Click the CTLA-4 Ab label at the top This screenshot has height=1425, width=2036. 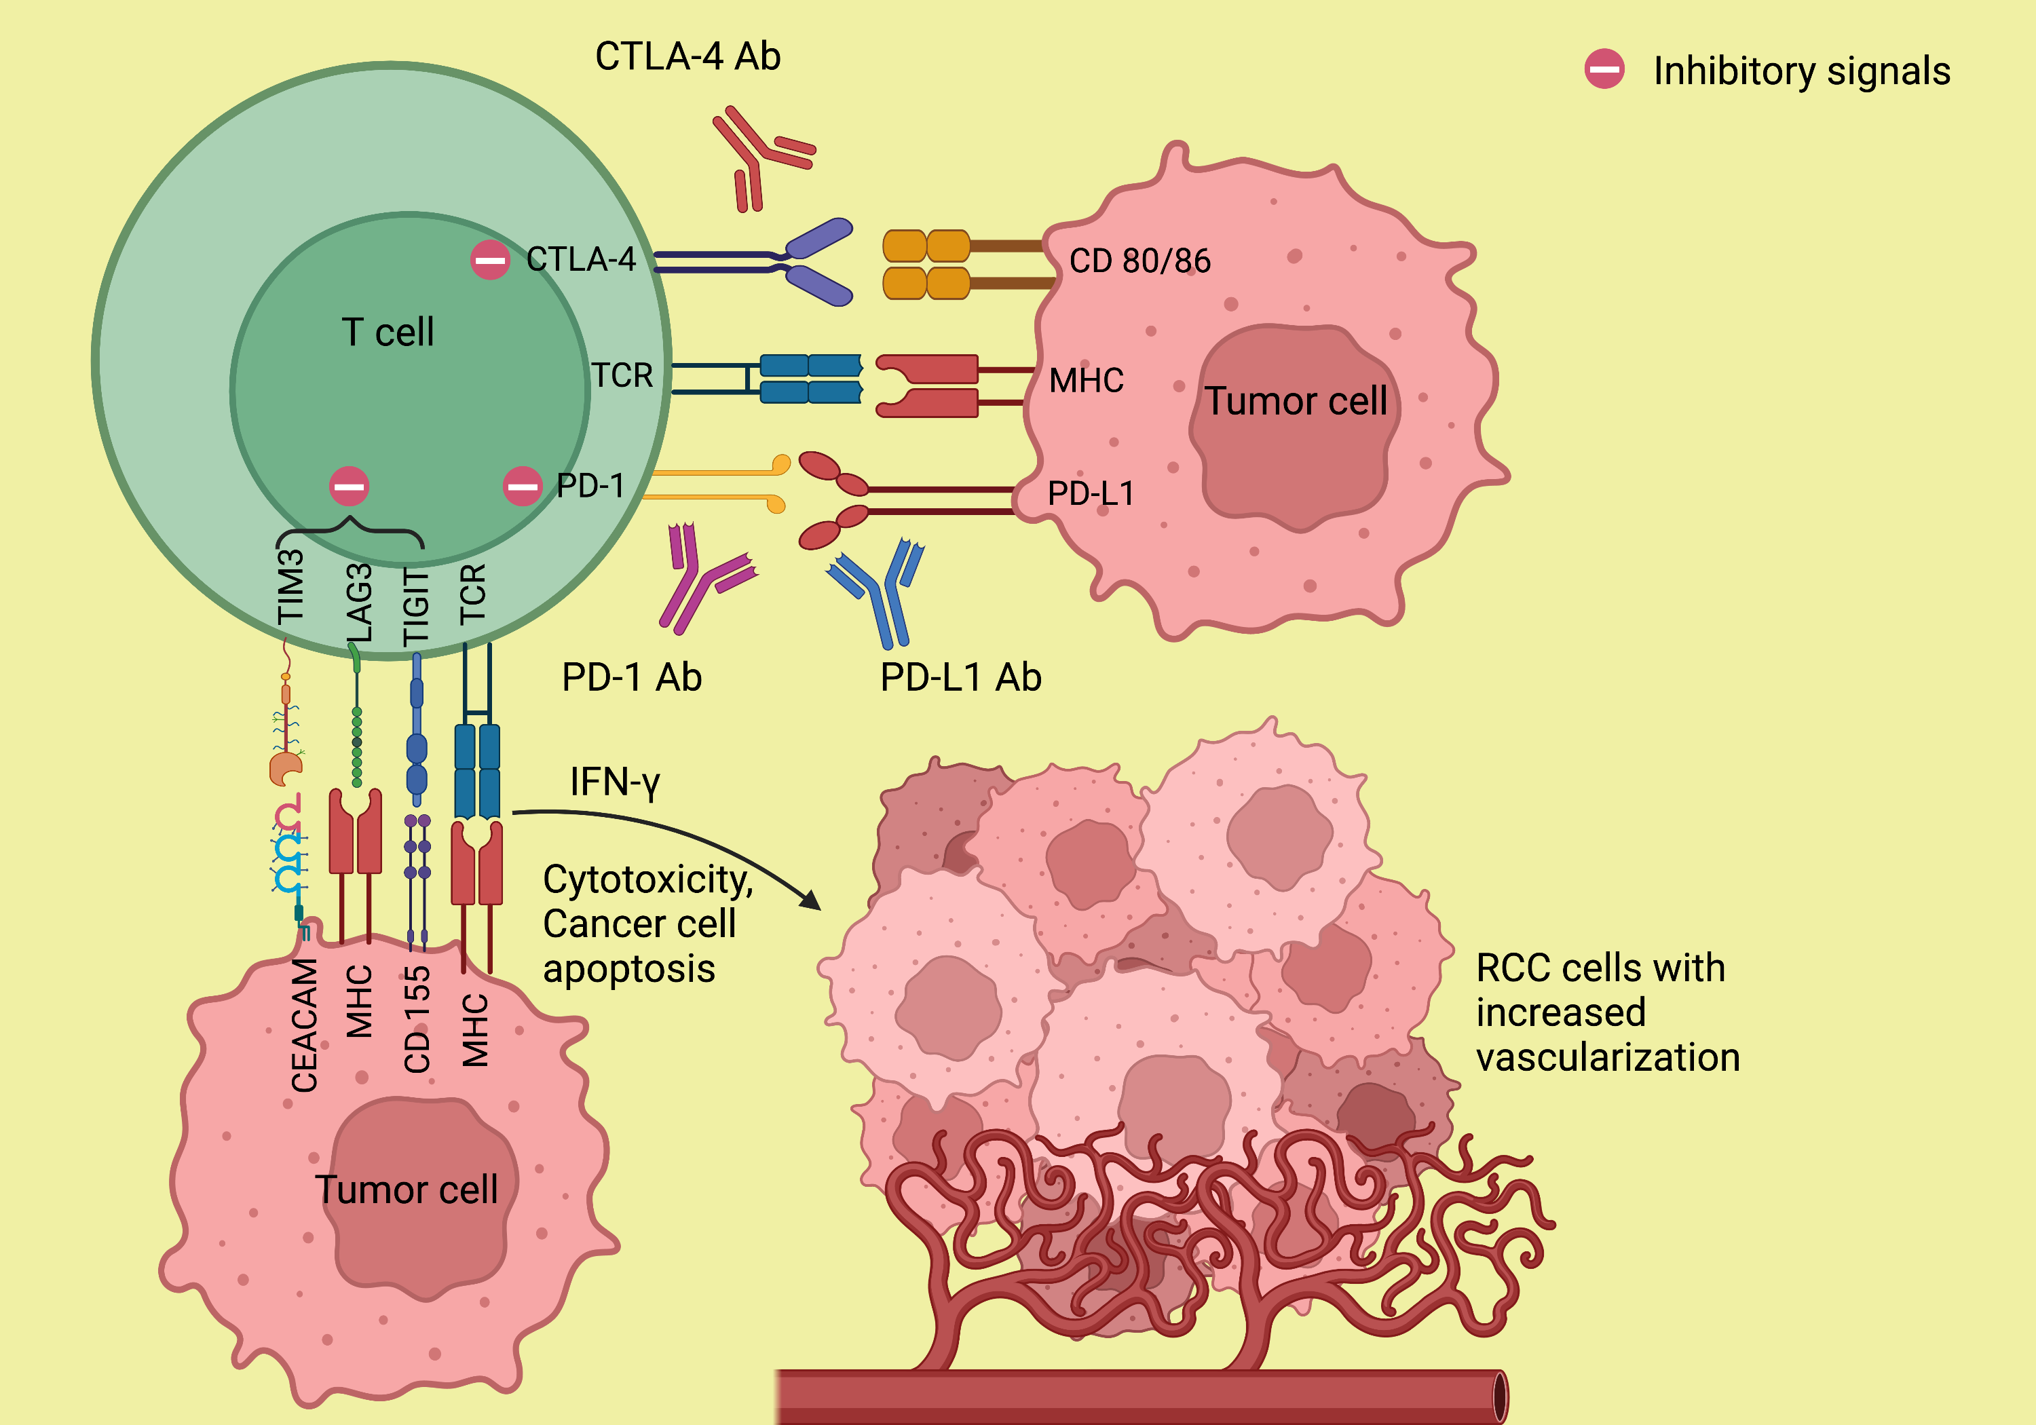687,57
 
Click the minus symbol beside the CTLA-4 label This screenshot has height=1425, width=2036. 489,260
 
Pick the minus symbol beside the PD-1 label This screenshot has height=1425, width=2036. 523,486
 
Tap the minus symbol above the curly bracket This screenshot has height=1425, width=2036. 349,486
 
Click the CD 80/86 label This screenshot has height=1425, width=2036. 1139,261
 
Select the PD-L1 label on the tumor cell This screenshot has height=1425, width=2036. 1091,493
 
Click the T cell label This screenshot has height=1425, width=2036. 388,332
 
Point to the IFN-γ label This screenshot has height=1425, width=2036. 614,782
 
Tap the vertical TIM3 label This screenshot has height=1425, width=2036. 291,586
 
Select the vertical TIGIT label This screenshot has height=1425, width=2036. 416,607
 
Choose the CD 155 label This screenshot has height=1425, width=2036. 417,1020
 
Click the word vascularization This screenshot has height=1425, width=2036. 1607,1058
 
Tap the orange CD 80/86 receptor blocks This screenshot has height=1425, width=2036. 926,264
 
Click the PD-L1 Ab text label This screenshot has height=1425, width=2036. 960,677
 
